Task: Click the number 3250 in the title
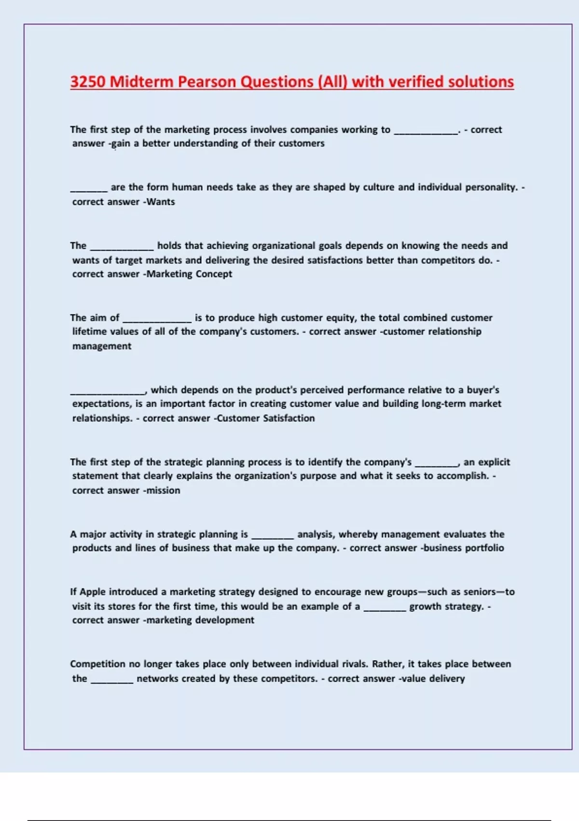[x=87, y=82]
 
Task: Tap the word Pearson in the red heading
[x=206, y=82]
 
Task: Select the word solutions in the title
[x=481, y=82]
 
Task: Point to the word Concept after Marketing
[x=214, y=274]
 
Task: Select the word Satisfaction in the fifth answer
[x=289, y=418]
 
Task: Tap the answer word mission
[x=164, y=490]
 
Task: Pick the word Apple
[x=92, y=592]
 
